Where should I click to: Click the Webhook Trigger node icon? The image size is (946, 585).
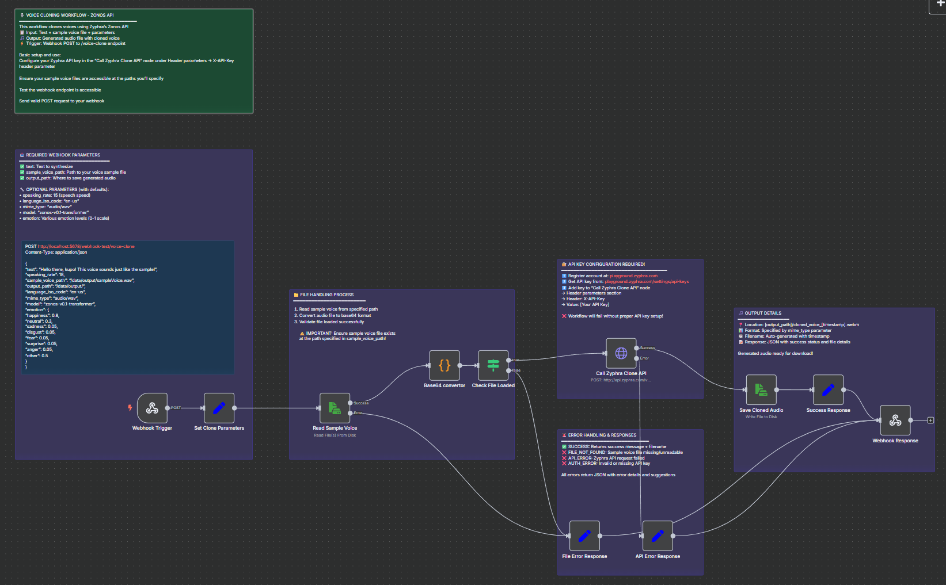152,408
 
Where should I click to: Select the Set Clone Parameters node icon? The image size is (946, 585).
219,408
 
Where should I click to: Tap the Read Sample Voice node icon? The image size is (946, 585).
335,408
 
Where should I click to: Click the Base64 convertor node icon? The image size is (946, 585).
444,365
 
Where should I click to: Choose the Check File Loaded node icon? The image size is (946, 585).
493,365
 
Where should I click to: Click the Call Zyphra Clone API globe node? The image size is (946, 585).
621,353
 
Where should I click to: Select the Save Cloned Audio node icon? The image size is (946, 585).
761,389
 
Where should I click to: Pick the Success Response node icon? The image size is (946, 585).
828,389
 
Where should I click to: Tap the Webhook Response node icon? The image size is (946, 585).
895,420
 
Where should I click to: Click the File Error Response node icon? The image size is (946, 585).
584,536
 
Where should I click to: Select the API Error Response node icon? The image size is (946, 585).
657,536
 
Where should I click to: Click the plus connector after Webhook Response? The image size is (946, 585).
930,420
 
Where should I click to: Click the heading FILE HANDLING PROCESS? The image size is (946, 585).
326,295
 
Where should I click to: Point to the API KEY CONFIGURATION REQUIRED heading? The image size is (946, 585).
606,264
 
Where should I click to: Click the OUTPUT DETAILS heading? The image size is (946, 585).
763,313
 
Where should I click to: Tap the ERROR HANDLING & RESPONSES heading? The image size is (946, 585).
602,435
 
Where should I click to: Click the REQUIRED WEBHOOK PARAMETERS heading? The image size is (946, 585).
63,155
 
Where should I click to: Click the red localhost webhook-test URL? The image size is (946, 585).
86,246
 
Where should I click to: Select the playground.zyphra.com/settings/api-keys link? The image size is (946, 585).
647,281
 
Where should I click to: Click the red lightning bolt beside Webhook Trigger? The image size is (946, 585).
130,408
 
